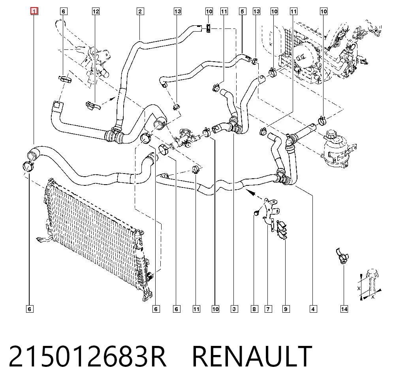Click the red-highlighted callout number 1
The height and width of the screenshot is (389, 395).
click(x=34, y=11)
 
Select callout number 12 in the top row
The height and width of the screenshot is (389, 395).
click(x=96, y=11)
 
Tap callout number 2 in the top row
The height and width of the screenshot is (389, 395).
click(x=140, y=11)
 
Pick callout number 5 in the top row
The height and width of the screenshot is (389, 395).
click(x=242, y=11)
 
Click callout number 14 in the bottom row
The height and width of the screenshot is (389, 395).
click(x=344, y=309)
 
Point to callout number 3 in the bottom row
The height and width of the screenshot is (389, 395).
click(x=234, y=309)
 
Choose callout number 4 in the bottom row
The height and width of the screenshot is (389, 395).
click(x=313, y=309)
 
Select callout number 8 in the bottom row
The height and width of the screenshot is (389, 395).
click(x=254, y=309)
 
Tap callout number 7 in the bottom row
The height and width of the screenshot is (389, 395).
click(x=268, y=309)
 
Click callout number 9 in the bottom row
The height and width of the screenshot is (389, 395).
click(x=286, y=309)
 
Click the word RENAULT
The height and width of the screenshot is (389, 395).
click(x=252, y=356)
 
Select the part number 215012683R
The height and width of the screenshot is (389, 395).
click(x=87, y=356)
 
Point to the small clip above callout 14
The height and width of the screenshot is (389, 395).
click(x=342, y=256)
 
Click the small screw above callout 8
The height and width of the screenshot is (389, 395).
click(x=256, y=213)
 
